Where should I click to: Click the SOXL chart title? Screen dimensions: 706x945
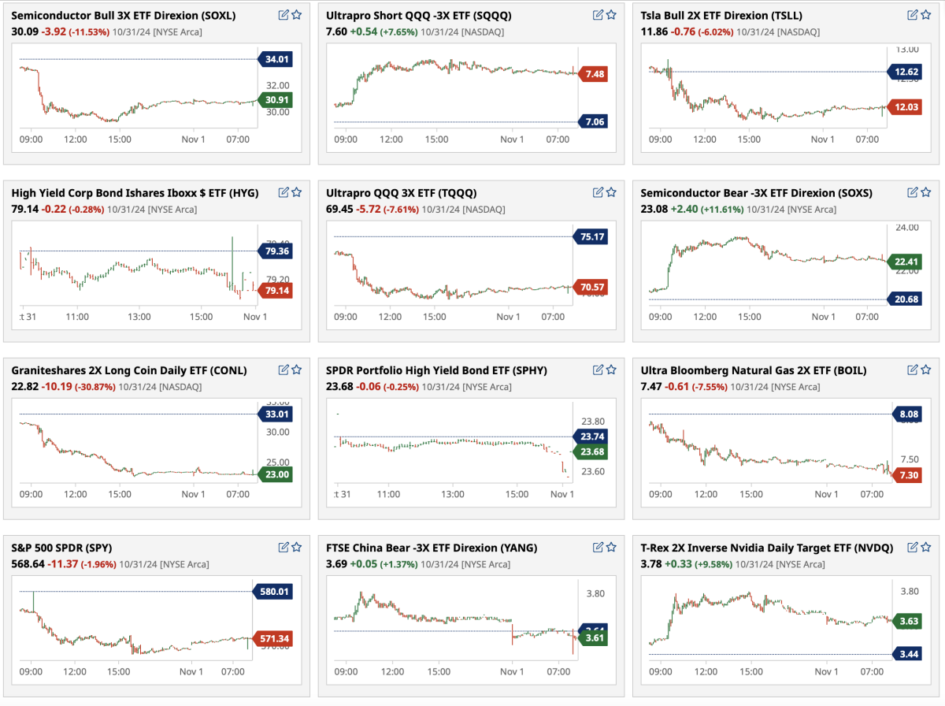tap(124, 15)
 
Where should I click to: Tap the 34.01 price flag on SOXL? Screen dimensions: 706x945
tap(276, 59)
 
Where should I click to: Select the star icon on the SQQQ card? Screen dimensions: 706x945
tap(611, 15)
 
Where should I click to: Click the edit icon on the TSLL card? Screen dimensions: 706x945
tap(912, 15)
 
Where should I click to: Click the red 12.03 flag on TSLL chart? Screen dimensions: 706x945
tap(903, 107)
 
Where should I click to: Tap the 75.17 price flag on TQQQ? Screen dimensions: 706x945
tap(592, 236)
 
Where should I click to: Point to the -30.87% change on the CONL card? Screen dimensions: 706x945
tap(94, 387)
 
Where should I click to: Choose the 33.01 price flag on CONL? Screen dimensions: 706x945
tap(276, 414)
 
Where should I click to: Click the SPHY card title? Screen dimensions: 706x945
tap(436, 370)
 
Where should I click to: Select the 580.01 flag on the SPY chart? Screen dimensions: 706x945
tap(272, 591)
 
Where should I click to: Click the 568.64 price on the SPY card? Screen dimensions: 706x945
tap(27, 564)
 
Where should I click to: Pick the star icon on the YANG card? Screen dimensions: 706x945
tap(611, 547)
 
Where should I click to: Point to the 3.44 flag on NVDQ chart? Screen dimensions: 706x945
tap(906, 654)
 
